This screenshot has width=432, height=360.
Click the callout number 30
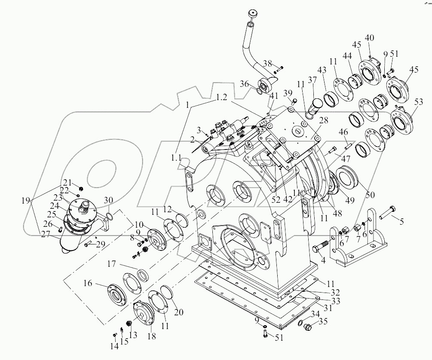point(109,201)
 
